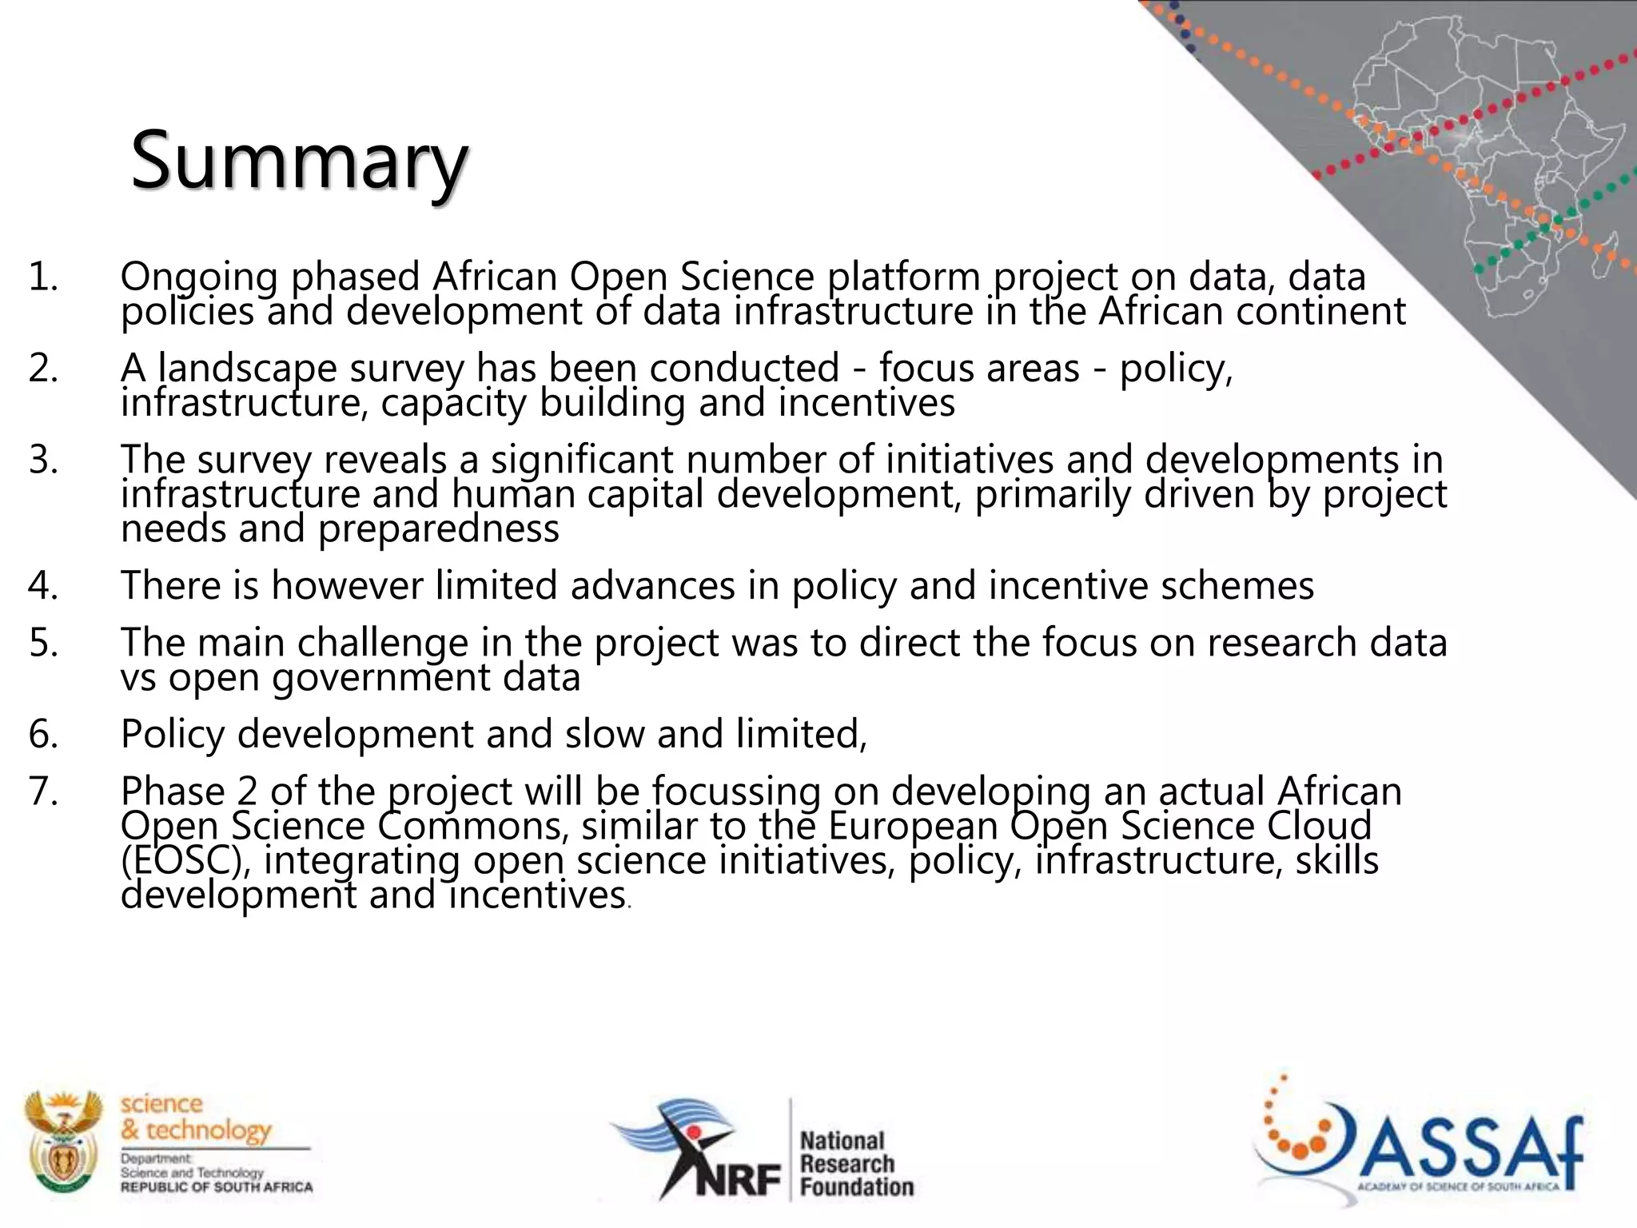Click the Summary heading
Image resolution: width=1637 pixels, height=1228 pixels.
(298, 162)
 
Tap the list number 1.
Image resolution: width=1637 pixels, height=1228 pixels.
(44, 277)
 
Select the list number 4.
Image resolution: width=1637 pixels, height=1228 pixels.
(44, 585)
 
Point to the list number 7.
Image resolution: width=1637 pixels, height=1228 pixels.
(44, 791)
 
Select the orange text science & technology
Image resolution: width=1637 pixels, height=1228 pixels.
(196, 1117)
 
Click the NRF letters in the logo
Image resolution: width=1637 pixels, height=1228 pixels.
(737, 1179)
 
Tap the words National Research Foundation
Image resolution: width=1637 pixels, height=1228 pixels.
(856, 1163)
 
